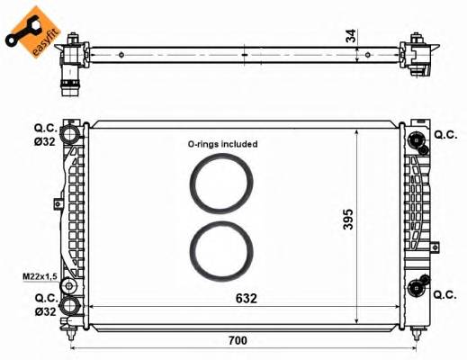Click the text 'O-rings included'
point(222,144)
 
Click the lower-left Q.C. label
point(46,296)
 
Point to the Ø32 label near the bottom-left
point(46,310)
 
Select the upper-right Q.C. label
point(445,135)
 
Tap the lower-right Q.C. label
point(445,293)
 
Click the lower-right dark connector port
point(416,288)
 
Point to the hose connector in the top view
point(69,76)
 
